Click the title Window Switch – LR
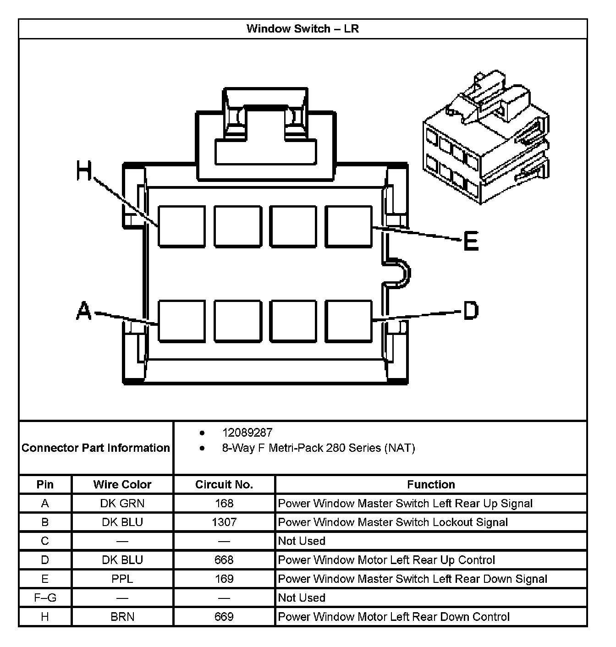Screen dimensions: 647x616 (302, 29)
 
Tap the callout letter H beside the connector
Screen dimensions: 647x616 (84, 171)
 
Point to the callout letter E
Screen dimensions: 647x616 (471, 241)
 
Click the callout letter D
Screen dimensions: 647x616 (471, 310)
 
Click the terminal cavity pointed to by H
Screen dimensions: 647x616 (181, 226)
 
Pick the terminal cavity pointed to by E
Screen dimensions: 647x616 (348, 226)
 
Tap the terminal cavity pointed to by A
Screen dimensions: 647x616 (181, 321)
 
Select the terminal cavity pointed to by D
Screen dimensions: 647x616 (348, 321)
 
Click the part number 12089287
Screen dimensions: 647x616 (247, 433)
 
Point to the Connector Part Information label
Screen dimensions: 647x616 (96, 448)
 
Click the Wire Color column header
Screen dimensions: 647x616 (122, 484)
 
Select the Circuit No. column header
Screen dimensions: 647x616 (224, 484)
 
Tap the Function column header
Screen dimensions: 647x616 (431, 484)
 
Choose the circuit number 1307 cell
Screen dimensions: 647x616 (224, 522)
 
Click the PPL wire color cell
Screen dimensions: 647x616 (122, 579)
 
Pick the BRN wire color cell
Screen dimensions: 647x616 (122, 617)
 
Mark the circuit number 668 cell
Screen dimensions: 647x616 (224, 560)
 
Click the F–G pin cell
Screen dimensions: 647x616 (45, 598)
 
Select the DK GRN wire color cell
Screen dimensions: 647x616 (122, 503)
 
